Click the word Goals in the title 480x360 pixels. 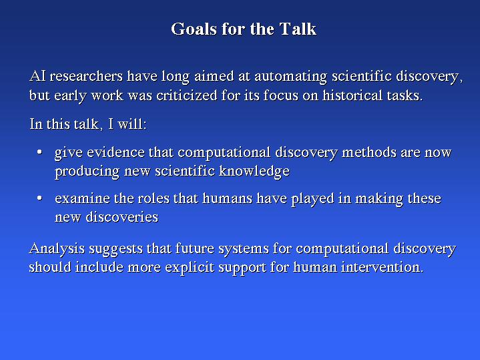coord(194,29)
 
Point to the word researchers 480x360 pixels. coord(86,76)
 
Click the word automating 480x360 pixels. coord(291,77)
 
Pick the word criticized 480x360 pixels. coord(187,96)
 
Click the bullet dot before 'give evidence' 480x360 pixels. coord(39,152)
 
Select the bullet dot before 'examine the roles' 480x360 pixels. coord(39,198)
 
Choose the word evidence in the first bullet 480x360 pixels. coord(115,152)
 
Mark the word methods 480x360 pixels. coord(369,152)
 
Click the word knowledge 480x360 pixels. coord(254,172)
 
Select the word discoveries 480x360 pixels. coord(122,217)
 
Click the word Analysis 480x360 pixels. coord(57,248)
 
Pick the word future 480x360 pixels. coord(195,248)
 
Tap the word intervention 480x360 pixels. coord(383,267)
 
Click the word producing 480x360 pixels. coord(87,172)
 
